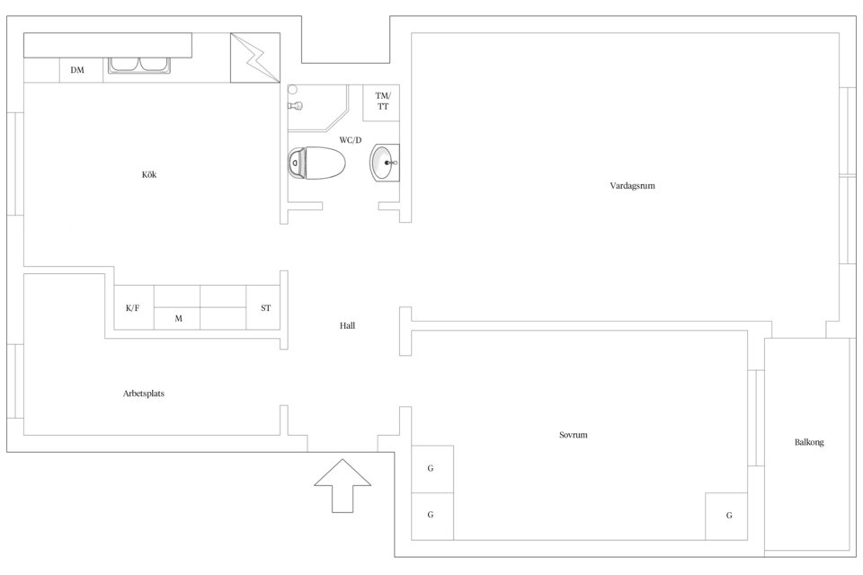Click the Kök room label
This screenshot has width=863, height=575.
pos(149,174)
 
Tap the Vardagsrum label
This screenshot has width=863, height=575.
pos(632,185)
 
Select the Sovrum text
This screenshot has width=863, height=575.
pos(573,435)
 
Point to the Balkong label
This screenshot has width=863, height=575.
pos(809,442)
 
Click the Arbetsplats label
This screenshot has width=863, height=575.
pos(144,394)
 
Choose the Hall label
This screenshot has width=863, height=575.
pos(347,326)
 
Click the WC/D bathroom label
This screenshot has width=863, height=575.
pos(350,140)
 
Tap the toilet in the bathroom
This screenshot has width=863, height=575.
pos(316,163)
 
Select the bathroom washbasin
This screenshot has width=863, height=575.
pos(385,163)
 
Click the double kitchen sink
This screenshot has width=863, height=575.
pos(140,65)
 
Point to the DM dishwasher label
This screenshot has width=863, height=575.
pos(77,70)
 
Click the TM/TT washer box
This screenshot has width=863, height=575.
pos(381,102)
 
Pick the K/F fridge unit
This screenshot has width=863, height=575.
pos(134,307)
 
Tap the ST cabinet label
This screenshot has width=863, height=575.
pos(266,308)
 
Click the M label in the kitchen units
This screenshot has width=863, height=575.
pos(178,319)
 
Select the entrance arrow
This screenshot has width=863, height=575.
pos(343,486)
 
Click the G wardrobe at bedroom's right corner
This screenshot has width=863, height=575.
pos(726,516)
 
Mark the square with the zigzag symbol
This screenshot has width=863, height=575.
pos(254,57)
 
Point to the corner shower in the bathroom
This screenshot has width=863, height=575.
pos(318,108)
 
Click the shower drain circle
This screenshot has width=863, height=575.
pos(293,89)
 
